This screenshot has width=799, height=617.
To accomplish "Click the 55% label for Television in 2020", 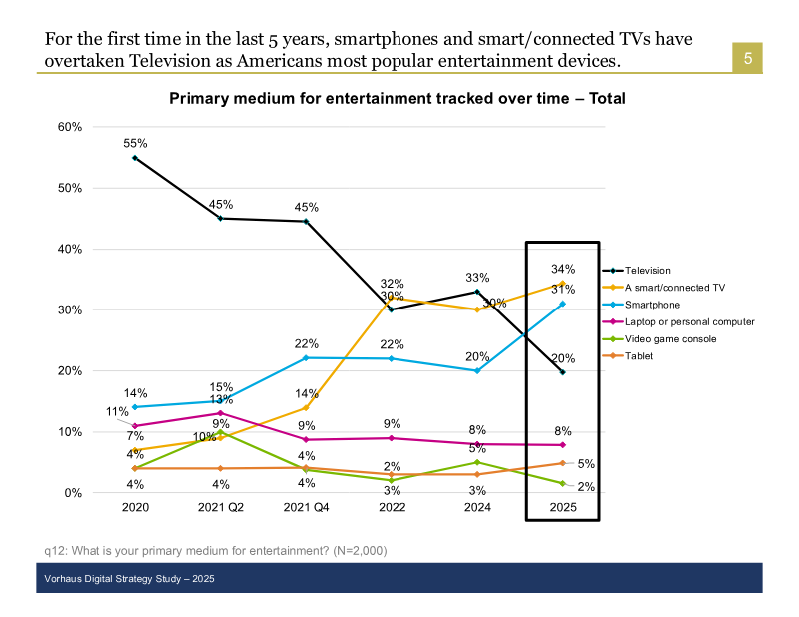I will click(x=135, y=144).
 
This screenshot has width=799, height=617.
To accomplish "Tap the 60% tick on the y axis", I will click(x=69, y=127).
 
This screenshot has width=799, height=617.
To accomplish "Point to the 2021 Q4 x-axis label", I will click(x=306, y=507).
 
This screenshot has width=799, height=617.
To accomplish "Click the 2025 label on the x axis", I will click(x=562, y=507).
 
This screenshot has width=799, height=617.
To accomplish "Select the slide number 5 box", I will click(x=746, y=59).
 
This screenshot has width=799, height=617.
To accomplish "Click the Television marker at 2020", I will click(x=135, y=158).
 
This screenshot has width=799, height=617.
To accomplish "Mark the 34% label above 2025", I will click(x=562, y=269).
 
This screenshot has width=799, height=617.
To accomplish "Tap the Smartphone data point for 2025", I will click(x=562, y=304).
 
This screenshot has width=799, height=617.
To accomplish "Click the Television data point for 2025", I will click(x=562, y=372).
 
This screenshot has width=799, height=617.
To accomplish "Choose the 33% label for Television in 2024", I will click(x=477, y=278).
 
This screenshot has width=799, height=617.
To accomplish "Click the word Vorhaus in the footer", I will click(x=64, y=579).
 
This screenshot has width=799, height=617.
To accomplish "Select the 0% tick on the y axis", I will click(x=72, y=493).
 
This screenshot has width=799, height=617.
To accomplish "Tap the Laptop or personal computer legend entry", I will click(x=689, y=321).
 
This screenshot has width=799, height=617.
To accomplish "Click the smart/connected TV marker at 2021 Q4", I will click(x=306, y=407).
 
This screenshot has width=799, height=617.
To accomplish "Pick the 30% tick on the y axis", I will click(x=69, y=309).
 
